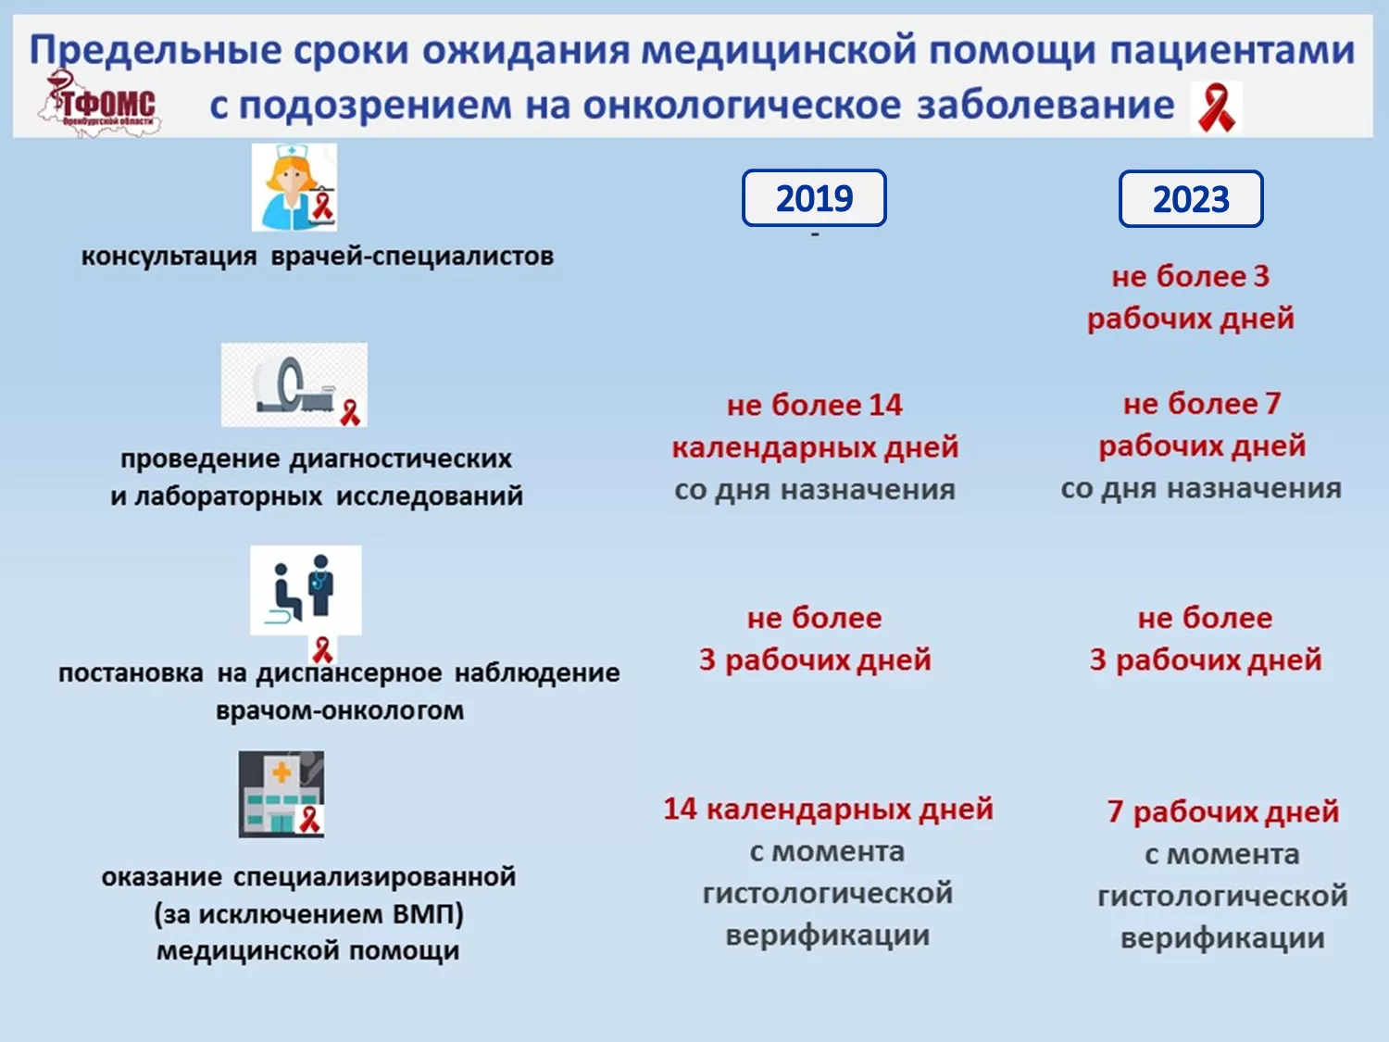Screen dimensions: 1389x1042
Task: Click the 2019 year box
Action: coord(814,197)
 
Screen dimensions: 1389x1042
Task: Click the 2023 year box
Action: coord(1191,198)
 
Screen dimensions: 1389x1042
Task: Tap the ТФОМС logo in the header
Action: coord(100,103)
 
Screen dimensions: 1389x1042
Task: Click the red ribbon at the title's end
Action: coord(1216,107)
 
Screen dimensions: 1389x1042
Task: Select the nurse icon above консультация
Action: coord(294,187)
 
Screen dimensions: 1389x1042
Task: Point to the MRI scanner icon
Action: coord(294,384)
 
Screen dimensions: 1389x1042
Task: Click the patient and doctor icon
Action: coord(306,590)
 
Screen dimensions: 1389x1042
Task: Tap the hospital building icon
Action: coord(282,795)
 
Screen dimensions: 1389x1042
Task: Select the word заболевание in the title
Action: coord(1045,106)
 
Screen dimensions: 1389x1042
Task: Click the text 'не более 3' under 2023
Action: coord(1190,277)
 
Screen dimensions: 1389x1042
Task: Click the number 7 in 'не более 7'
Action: coord(1272,404)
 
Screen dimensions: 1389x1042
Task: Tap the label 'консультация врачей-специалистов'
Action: coord(318,257)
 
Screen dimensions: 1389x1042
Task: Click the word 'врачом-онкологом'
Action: coord(340,710)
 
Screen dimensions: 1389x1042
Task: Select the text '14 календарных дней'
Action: coord(829,810)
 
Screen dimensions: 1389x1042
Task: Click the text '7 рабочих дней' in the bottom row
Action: coord(1223,811)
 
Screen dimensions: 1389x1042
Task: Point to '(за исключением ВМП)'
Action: coord(308,914)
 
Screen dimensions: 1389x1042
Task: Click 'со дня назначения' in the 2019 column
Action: coord(815,490)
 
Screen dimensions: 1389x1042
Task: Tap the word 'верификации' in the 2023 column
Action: coord(1222,937)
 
